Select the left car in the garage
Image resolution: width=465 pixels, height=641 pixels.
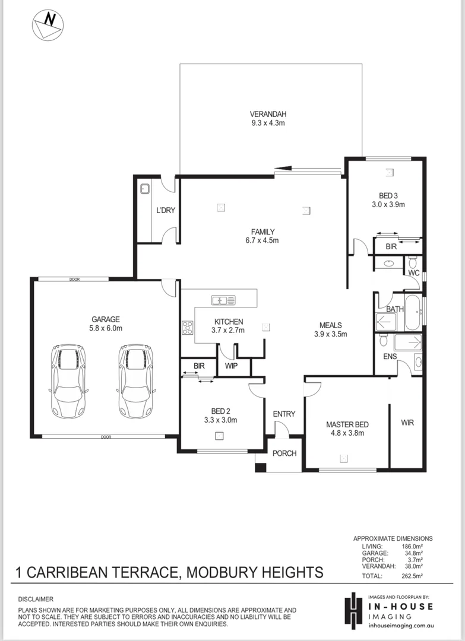[x=67, y=381]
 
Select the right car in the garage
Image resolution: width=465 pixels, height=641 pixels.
[x=135, y=381]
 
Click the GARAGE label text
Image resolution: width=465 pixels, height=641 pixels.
[x=105, y=319]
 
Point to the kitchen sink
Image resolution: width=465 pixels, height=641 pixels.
[x=223, y=300]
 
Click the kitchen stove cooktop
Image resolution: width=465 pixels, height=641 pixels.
[x=188, y=328]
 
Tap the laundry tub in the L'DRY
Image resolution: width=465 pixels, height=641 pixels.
[x=144, y=190]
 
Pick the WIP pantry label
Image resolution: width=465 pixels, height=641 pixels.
[x=231, y=366]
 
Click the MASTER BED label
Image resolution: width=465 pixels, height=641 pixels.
[x=347, y=424]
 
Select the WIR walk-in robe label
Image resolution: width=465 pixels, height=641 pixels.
[x=407, y=423]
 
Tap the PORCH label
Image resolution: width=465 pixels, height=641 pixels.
[x=284, y=453]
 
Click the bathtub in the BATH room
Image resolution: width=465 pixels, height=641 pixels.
[x=413, y=313]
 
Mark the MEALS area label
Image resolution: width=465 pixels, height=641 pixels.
[x=330, y=325]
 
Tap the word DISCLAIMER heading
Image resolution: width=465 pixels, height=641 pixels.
[x=36, y=599]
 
